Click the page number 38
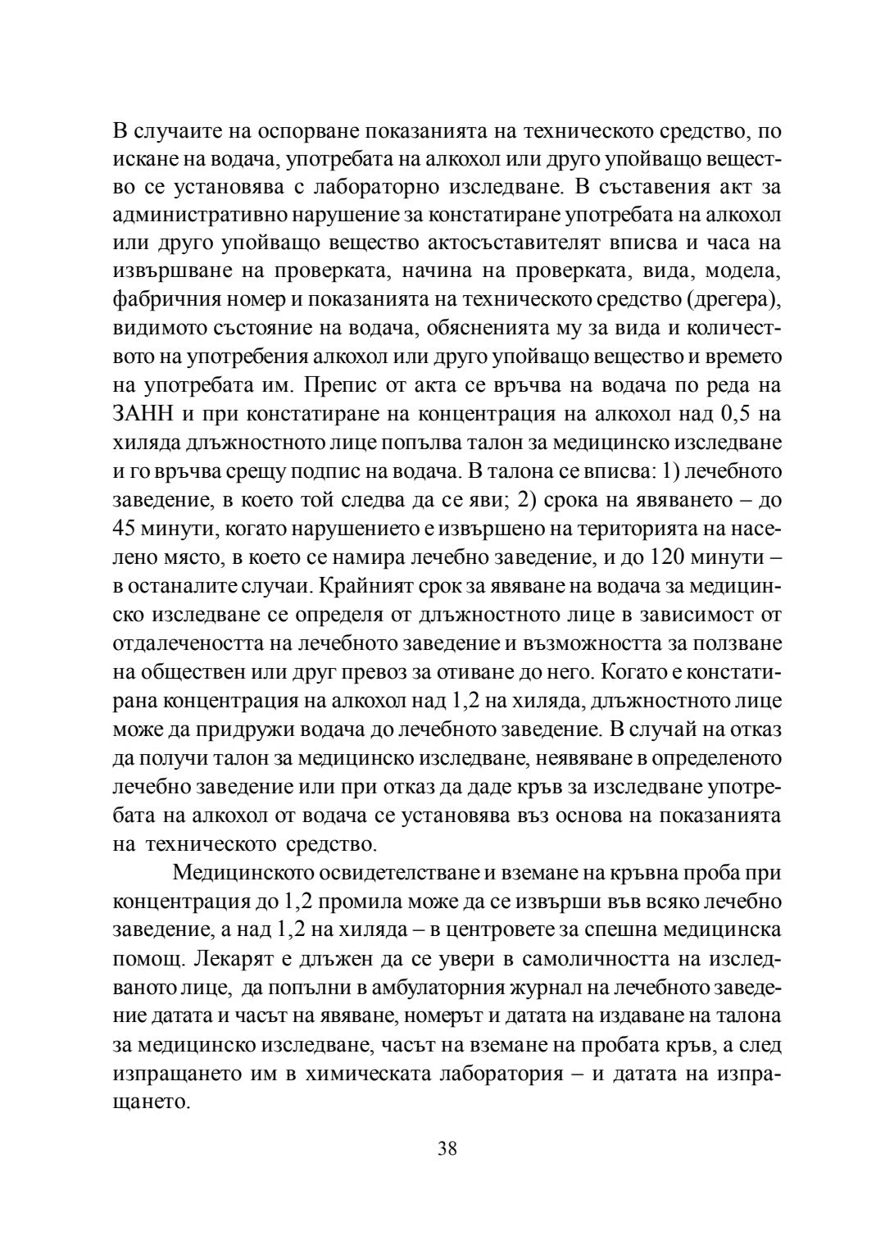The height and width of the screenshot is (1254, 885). tap(447, 1147)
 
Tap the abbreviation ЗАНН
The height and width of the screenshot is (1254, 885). tap(141, 415)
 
